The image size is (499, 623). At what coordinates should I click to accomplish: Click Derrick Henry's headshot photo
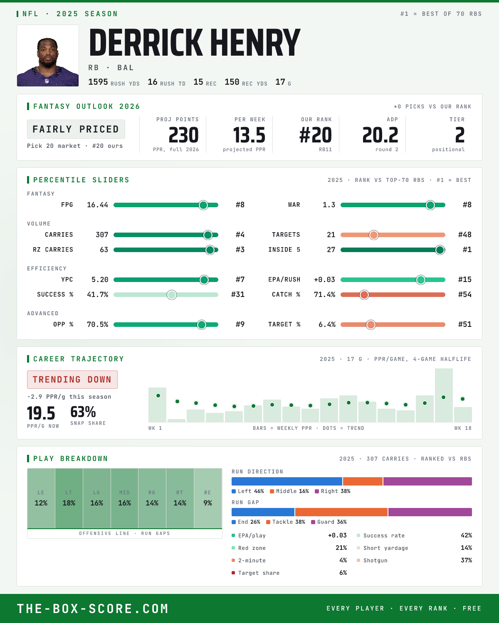(x=47, y=56)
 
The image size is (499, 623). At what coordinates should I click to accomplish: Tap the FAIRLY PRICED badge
(x=76, y=129)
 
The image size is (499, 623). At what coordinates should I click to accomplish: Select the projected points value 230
(x=183, y=135)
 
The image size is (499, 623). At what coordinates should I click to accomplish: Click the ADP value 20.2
(x=380, y=135)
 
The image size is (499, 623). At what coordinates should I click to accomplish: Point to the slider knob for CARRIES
(x=208, y=235)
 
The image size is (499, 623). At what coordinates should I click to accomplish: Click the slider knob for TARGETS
(x=374, y=235)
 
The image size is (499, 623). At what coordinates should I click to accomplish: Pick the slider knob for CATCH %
(x=364, y=295)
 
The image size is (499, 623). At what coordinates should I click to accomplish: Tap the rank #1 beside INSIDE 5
(x=467, y=250)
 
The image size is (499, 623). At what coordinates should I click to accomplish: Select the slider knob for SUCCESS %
(x=172, y=295)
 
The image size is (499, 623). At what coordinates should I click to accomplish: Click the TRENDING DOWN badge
(x=72, y=380)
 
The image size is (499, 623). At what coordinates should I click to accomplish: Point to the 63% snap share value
(x=83, y=412)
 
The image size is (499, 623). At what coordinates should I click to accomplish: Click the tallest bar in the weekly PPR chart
(x=444, y=395)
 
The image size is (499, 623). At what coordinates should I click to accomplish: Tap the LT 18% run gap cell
(x=69, y=498)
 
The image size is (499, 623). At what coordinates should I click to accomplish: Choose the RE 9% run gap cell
(x=208, y=498)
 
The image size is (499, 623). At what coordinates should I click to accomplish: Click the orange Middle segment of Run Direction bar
(x=363, y=481)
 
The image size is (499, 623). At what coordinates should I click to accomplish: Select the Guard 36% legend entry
(x=329, y=522)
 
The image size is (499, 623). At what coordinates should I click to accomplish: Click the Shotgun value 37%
(x=466, y=560)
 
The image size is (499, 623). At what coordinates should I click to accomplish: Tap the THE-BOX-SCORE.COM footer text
(x=93, y=608)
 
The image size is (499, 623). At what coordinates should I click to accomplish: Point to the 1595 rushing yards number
(x=98, y=82)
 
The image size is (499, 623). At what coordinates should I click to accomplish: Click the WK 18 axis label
(x=463, y=428)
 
